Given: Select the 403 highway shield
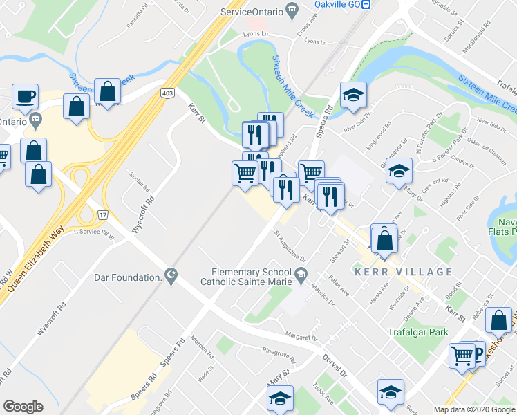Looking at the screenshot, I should point(167,92).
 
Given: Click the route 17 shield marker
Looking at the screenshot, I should point(104,216).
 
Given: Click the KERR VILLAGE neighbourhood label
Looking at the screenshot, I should point(403,272).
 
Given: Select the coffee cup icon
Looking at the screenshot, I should point(25,97).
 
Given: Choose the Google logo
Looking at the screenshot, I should point(23,407).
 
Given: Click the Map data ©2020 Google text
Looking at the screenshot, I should point(474,409).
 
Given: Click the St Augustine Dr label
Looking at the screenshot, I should point(290,246).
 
